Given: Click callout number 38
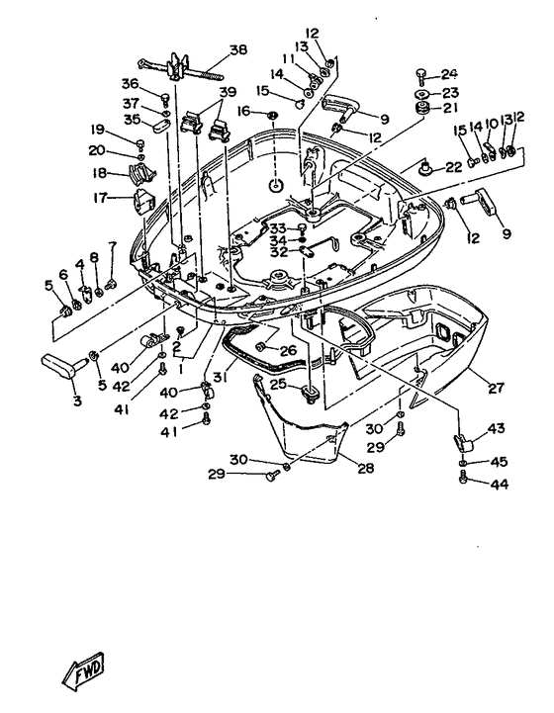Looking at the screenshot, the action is tap(237, 49).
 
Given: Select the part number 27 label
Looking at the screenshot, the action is tap(496, 388).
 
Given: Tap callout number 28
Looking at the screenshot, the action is tap(366, 468).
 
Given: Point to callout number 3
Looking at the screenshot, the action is tap(77, 401).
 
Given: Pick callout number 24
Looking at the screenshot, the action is tap(449, 74).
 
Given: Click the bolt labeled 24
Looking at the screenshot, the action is tap(420, 76).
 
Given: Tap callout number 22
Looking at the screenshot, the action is tap(453, 167).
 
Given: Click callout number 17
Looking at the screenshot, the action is tap(101, 198).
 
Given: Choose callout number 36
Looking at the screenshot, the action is tap(130, 84).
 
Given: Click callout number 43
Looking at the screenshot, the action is tap(496, 428).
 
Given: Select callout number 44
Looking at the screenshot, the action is tap(499, 485).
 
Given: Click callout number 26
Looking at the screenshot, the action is tap(288, 351).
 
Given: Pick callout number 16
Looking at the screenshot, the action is tap(243, 110).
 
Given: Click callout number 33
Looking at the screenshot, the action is tap(278, 227).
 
